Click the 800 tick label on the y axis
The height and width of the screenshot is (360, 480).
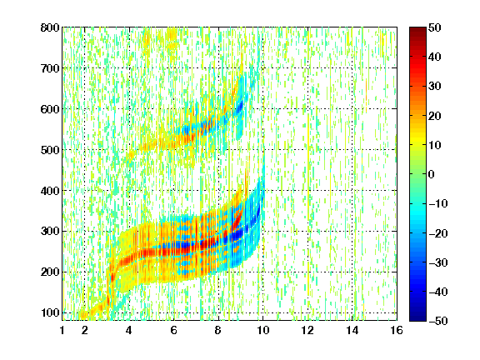point(50,27)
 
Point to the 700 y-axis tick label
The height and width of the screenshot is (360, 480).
point(50,68)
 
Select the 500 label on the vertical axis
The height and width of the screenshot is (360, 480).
point(50,150)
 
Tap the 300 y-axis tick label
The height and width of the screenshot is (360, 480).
point(50,232)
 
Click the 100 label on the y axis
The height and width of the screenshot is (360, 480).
point(50,312)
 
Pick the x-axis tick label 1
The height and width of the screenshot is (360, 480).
point(62,330)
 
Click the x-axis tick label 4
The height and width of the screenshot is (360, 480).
point(129,330)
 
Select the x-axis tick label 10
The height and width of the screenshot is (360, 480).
point(262,330)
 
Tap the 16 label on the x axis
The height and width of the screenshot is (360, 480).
point(397,330)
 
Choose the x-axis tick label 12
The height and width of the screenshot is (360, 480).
point(307,330)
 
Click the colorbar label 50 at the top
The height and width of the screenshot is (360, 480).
point(434,27)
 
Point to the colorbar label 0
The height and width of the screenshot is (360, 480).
point(432,174)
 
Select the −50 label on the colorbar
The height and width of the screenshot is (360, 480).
point(438,321)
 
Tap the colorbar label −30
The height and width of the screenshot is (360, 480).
point(438,262)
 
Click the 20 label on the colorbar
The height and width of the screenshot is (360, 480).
point(434,116)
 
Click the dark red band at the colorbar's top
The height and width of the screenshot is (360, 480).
point(417,33)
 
